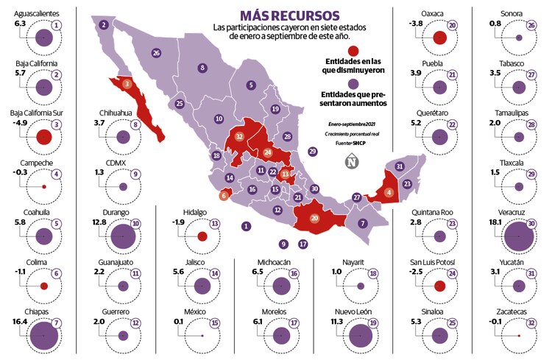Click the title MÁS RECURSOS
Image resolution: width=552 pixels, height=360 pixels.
point(290,15)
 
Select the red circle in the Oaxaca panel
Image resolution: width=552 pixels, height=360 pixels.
point(440,38)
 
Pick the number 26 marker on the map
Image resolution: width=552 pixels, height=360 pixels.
point(156,53)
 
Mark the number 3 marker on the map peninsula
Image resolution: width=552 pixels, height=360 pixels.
point(127,84)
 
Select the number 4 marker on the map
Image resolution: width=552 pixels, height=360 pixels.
point(389,193)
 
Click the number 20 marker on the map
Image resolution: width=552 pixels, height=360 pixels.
point(314,218)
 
